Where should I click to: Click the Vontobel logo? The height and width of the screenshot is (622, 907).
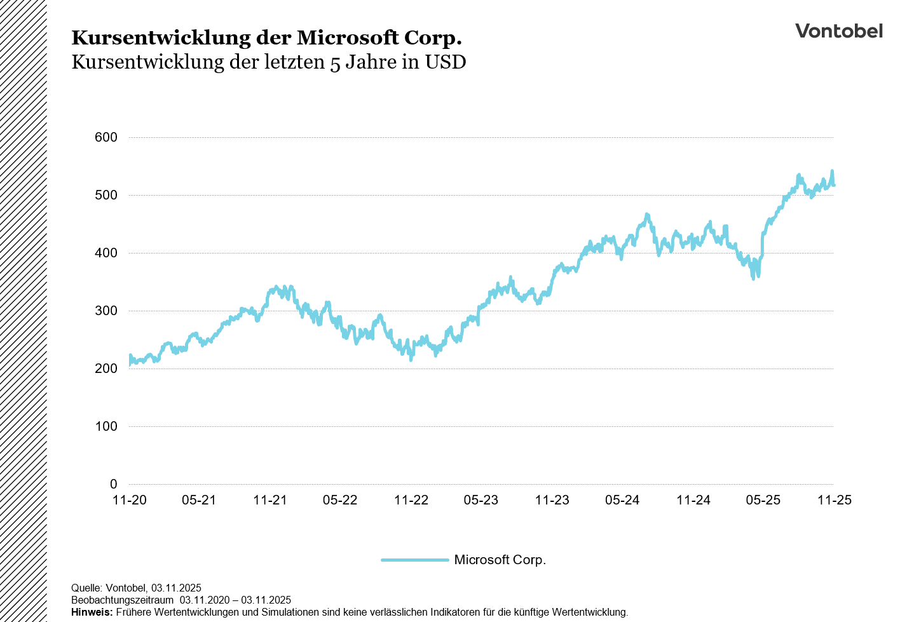click(x=838, y=31)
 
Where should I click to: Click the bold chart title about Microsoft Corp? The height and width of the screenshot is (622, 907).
click(x=266, y=38)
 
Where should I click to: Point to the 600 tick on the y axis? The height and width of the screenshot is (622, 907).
click(x=106, y=137)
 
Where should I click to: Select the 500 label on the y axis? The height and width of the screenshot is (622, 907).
click(x=106, y=195)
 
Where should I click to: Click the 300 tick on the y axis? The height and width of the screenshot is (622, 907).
click(x=106, y=311)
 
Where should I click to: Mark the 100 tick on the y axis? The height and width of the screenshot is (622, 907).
click(x=106, y=426)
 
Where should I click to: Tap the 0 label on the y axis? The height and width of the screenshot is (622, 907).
click(x=114, y=484)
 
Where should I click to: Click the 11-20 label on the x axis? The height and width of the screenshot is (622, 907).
click(x=129, y=500)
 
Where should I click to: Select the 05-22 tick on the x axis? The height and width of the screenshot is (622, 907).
click(x=340, y=500)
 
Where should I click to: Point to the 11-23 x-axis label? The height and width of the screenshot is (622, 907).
click(x=552, y=500)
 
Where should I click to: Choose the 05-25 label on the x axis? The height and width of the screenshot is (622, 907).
click(x=763, y=500)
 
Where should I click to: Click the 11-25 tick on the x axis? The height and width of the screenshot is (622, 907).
click(x=834, y=500)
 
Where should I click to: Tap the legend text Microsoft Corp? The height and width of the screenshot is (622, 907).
click(x=500, y=560)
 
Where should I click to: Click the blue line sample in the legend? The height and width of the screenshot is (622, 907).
click(x=414, y=560)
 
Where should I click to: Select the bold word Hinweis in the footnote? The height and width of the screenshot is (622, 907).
click(x=92, y=612)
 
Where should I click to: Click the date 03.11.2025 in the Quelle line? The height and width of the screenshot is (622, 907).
click(x=176, y=588)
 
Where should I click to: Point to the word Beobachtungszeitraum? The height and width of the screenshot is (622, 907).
click(x=122, y=600)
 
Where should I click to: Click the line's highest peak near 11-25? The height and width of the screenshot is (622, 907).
click(x=832, y=171)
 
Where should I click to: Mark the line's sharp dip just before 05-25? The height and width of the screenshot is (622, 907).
click(x=754, y=278)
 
